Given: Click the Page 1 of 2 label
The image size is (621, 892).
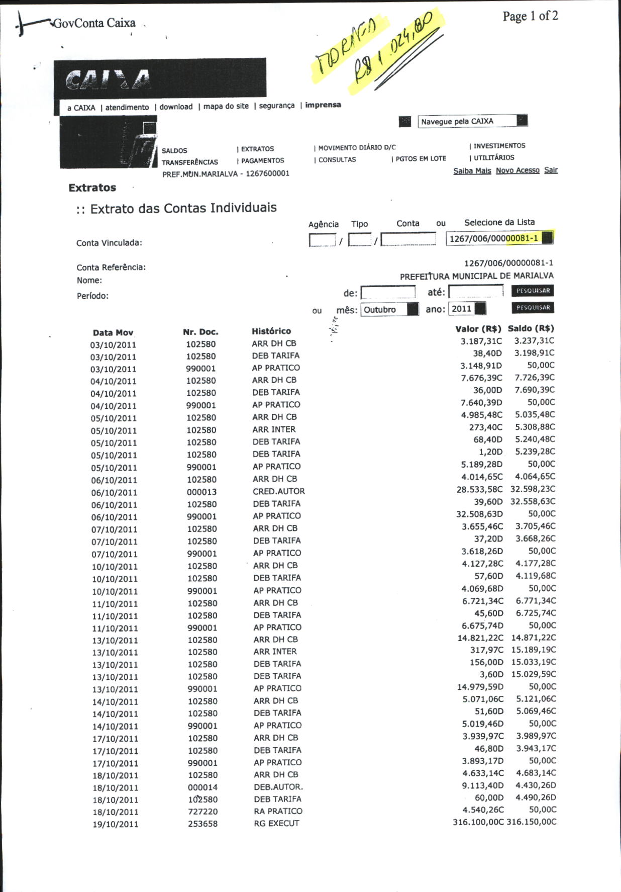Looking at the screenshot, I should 530,17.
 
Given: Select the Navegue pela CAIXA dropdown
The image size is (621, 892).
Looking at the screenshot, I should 472,121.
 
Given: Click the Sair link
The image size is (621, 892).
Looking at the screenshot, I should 551,170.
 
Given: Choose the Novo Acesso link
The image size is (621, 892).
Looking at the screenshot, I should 517,170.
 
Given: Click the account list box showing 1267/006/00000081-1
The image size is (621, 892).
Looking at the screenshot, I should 499,238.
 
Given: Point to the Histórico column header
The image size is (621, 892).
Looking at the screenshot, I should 271,331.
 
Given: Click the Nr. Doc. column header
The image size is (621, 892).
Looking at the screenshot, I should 200,332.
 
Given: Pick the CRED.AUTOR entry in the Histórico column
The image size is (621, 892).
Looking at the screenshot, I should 278,491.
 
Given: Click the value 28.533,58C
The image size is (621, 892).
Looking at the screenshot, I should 479,489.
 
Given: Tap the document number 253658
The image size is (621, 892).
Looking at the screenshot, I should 202,824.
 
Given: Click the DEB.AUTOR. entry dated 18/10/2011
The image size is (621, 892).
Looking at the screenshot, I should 278,787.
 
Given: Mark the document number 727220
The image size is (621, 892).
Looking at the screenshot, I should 202,812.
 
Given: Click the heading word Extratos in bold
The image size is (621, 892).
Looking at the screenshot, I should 92,188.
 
